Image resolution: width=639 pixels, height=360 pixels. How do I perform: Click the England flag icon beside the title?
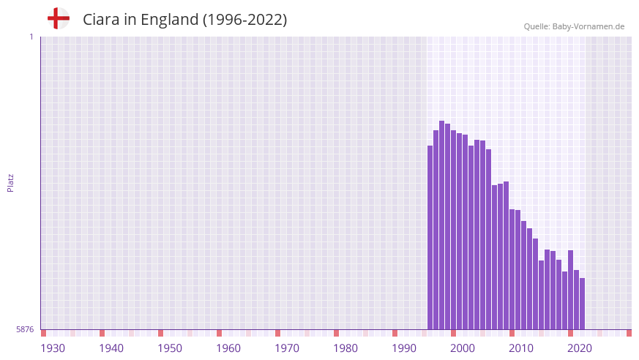[x=59, y=18]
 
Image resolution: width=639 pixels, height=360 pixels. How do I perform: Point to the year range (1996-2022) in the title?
[x=244, y=20]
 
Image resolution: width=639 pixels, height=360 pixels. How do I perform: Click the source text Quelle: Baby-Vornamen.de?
[x=574, y=26]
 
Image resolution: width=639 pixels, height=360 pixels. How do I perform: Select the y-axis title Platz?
[x=10, y=183]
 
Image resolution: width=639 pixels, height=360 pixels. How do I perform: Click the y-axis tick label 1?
[x=31, y=37]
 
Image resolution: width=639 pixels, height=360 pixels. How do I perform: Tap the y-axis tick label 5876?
[x=25, y=330]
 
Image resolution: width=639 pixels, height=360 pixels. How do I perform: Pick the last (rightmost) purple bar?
[x=582, y=303]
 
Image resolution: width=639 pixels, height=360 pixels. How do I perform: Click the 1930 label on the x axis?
[x=53, y=348]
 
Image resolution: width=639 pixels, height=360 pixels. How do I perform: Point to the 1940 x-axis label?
[x=111, y=348]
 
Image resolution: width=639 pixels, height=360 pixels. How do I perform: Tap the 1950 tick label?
[x=170, y=348]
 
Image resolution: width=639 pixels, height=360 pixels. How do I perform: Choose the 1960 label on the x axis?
[x=228, y=348]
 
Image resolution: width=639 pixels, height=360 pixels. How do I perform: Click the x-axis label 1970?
[x=287, y=348]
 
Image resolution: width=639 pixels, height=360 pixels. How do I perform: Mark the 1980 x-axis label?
[x=345, y=348]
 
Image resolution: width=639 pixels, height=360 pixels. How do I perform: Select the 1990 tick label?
[x=404, y=348]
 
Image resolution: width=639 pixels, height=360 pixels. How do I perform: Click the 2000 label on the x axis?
[x=463, y=348]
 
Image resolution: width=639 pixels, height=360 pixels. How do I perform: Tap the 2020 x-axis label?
[x=580, y=348]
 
